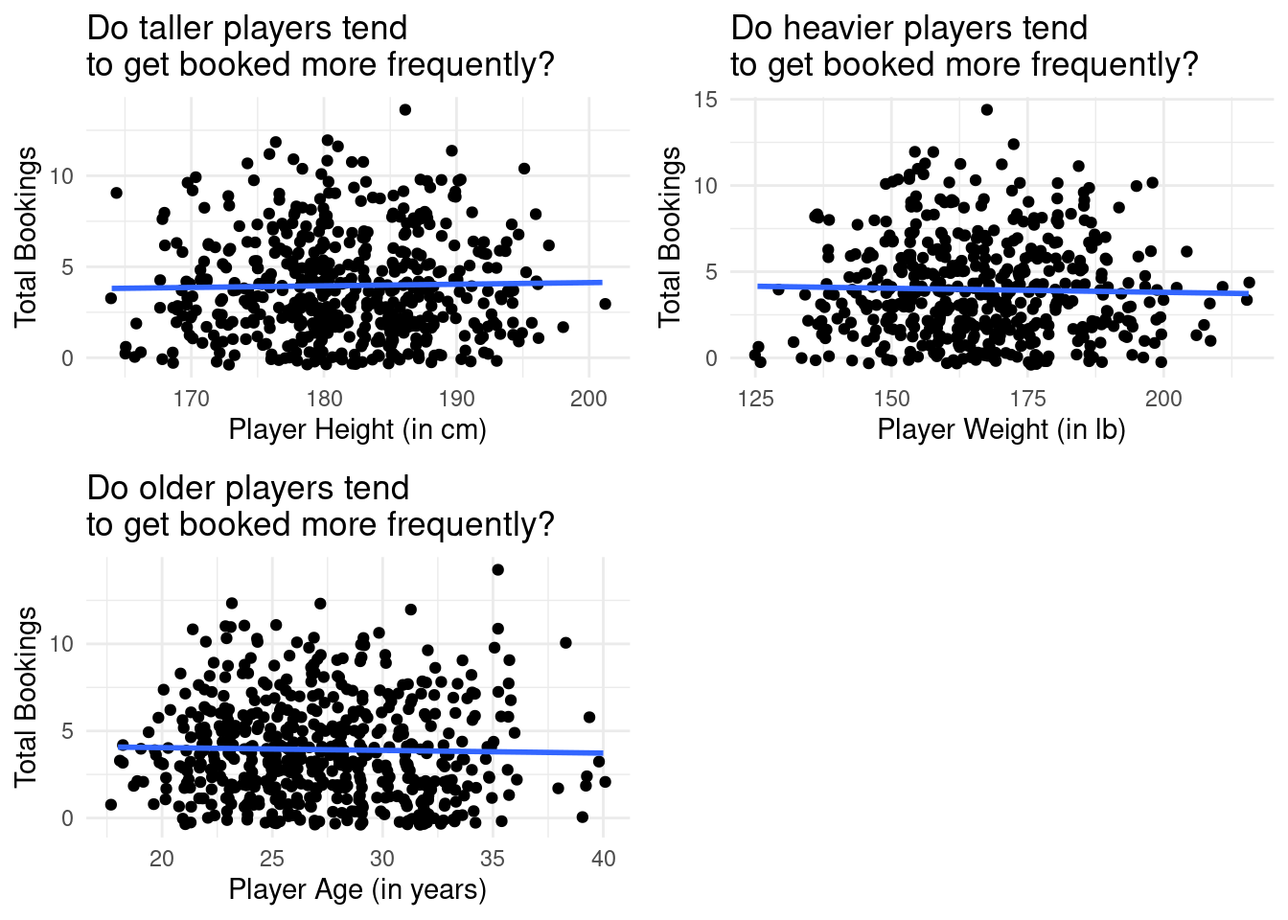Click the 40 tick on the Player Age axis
point(603,858)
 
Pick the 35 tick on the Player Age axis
point(493,858)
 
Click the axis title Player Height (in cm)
point(357,429)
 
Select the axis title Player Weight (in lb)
point(1001,429)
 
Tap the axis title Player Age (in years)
point(357,889)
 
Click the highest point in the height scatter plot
point(405,110)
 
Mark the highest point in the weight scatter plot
point(987,109)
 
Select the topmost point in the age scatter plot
point(497,570)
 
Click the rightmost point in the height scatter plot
point(605,304)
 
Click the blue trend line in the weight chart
point(1002,289)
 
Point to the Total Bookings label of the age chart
point(27,696)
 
